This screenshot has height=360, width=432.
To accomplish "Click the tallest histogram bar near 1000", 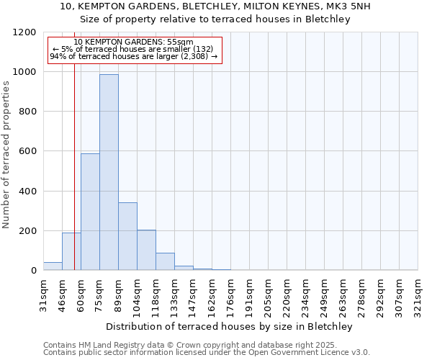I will [109, 173].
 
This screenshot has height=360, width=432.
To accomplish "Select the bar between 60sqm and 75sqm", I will [90, 212].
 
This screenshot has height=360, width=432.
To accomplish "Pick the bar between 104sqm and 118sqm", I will [146, 250].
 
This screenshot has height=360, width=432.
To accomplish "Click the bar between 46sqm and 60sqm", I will [71, 251].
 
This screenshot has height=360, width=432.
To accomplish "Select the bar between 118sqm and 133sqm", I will [165, 261].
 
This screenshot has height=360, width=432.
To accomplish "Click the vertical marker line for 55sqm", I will [74, 180].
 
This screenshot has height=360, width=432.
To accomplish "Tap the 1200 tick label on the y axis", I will [24, 32].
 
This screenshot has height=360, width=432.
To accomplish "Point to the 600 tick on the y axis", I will [27, 151].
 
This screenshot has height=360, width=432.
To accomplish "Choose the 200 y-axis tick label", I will [27, 231].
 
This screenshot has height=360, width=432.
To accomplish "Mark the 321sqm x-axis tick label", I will [418, 294].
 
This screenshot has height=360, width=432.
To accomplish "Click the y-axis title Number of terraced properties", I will [7, 155].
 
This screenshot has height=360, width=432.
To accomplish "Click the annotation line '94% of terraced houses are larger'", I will [133, 56].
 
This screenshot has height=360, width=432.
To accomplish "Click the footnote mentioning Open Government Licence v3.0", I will [207, 353].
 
